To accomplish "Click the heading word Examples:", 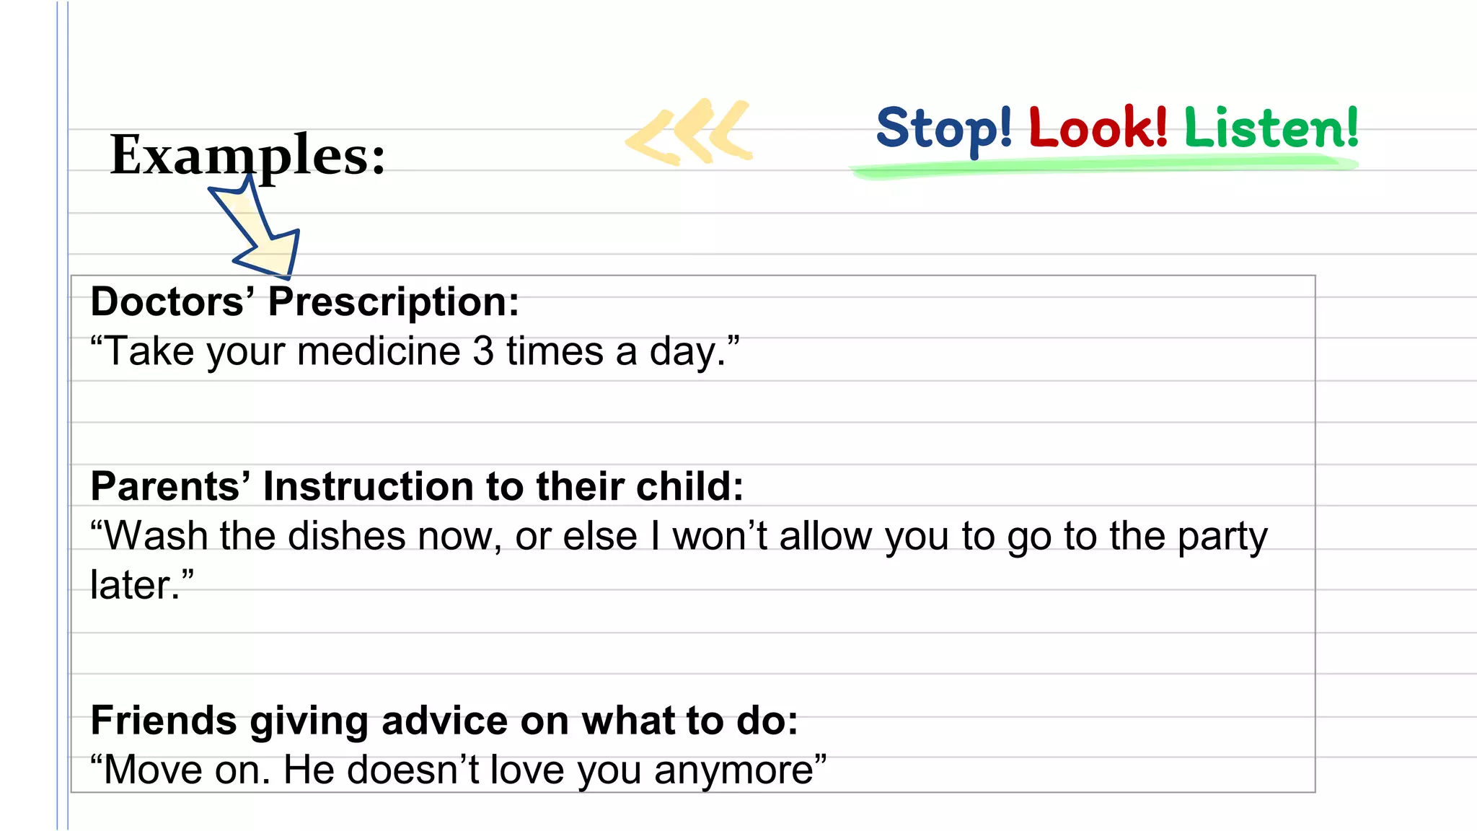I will (247, 155).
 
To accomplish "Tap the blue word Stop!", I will (943, 128).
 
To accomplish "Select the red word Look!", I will (1098, 127).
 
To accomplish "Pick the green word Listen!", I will (1271, 127).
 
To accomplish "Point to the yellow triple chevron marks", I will (689, 131).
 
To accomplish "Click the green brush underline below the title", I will (1103, 167).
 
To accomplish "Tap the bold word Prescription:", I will (394, 302).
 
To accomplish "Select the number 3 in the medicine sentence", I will (483, 352).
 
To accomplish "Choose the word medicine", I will (379, 352).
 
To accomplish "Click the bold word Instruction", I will (369, 486).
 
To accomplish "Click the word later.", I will (134, 585).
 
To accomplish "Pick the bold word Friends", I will (164, 721).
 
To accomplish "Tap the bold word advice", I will (445, 721).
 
